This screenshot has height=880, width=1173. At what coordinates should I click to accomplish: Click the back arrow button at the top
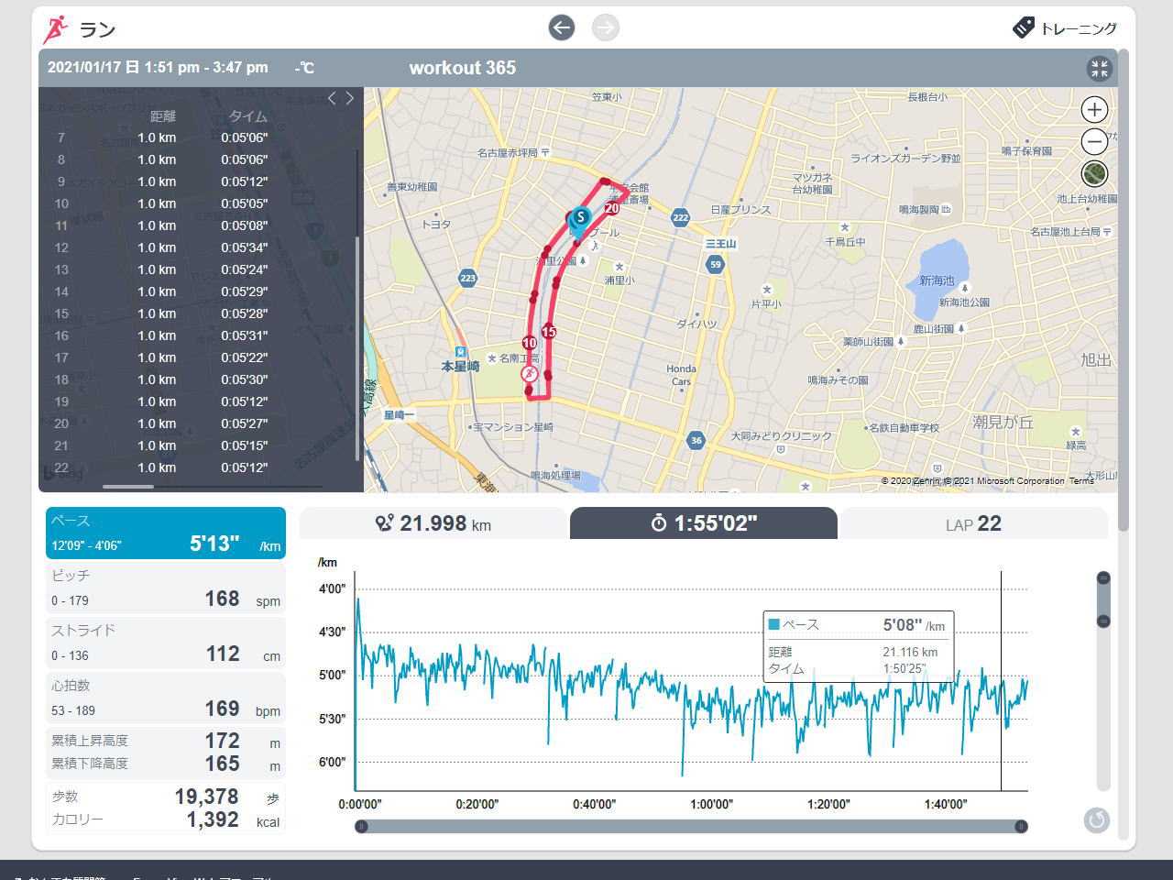click(562, 27)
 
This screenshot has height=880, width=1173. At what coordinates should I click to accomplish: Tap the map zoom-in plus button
click(1094, 110)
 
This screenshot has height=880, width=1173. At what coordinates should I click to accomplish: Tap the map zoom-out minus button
click(1094, 141)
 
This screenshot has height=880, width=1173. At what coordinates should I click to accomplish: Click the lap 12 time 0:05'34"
click(244, 247)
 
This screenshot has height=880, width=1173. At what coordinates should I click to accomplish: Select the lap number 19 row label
click(61, 401)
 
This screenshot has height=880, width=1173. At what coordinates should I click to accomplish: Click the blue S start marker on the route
click(579, 218)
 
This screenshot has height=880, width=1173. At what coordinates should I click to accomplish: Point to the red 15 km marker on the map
click(549, 332)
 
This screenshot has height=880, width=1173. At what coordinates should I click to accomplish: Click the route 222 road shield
click(680, 217)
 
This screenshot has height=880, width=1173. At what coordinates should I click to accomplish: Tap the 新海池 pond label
click(937, 280)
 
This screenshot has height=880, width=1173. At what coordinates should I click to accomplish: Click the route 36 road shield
click(696, 441)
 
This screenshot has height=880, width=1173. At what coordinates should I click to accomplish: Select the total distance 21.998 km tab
click(433, 523)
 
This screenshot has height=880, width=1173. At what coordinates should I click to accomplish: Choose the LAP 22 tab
click(973, 524)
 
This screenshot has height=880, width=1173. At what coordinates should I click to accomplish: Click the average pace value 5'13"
click(214, 544)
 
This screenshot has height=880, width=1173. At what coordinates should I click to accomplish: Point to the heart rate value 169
click(222, 709)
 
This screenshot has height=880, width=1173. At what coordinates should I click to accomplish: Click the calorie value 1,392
click(213, 819)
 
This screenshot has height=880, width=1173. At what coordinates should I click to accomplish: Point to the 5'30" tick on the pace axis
click(331, 720)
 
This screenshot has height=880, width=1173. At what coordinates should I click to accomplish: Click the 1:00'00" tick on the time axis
click(711, 805)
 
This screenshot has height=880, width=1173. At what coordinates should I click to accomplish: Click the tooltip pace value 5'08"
click(902, 625)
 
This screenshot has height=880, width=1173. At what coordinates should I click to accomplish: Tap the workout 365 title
click(462, 68)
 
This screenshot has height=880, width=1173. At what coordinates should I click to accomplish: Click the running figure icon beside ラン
click(55, 29)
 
